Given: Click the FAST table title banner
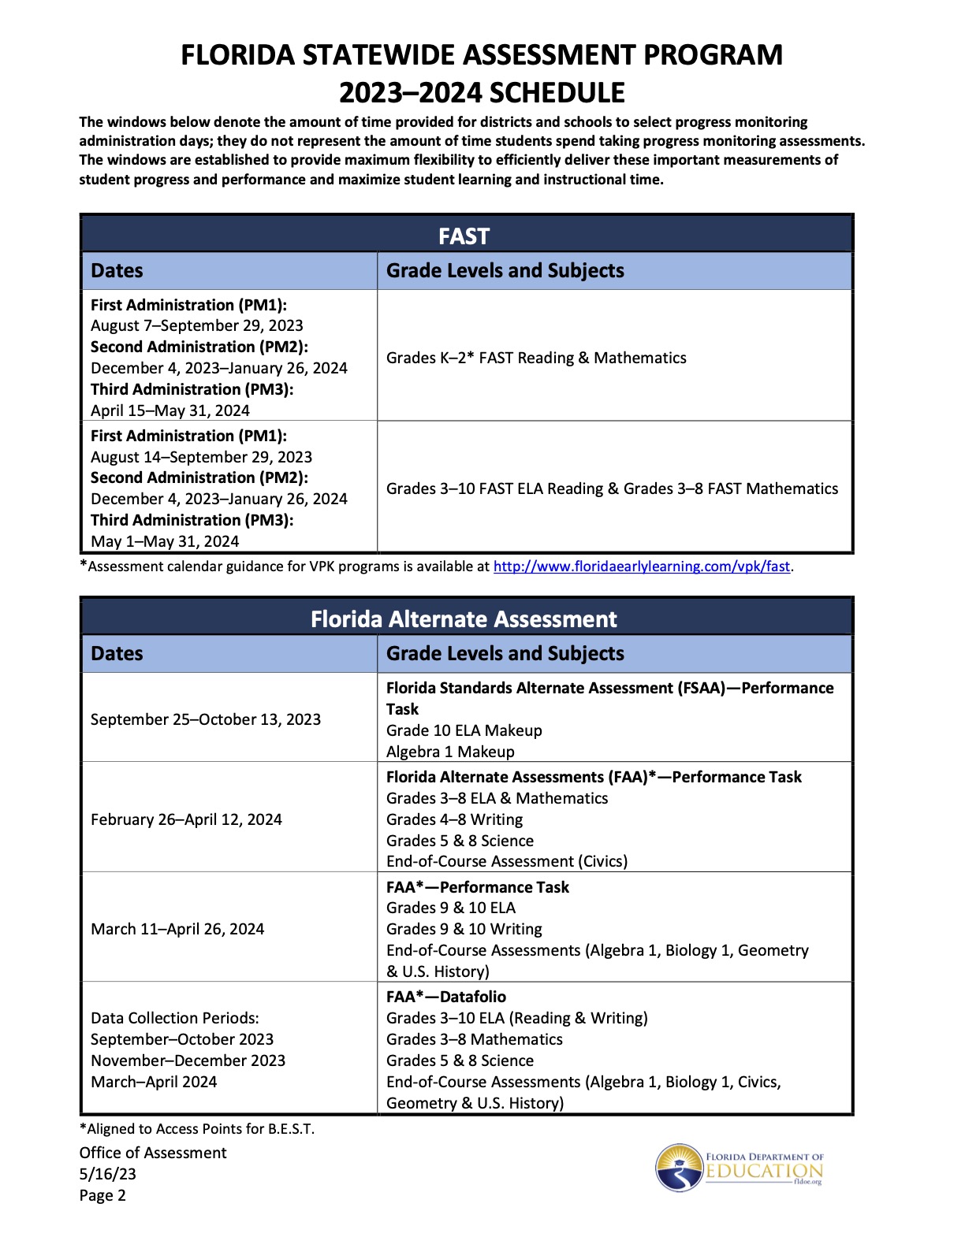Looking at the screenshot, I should coord(464,236).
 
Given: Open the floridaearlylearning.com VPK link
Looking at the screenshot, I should coord(641,566).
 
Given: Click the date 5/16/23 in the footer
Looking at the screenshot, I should coord(108,1174).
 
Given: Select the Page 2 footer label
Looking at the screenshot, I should coord(102,1195).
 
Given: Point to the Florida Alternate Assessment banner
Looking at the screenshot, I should coord(464,619).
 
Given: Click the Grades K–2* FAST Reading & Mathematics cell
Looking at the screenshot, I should coord(536,358).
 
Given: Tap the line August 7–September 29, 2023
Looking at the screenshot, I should coord(197,325).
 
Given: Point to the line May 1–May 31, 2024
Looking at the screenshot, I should coord(165,541).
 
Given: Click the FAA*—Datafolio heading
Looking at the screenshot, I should coord(446,997).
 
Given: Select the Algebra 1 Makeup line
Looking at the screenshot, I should coord(450,752).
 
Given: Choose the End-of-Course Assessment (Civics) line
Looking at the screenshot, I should coord(507,861).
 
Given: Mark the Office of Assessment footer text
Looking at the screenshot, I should coord(153,1153).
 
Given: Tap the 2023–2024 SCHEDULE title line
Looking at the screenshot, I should coord(482,93).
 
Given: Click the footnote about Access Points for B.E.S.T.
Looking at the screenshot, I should coord(197,1129).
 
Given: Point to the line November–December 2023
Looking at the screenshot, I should coord(188,1060).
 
